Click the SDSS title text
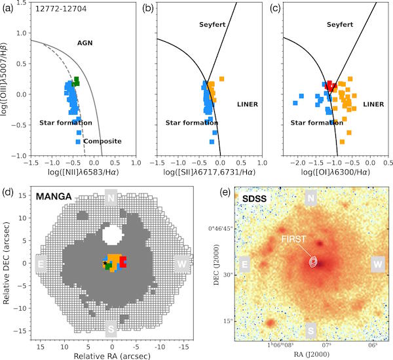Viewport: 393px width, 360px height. pyautogui.click(x=256, y=197)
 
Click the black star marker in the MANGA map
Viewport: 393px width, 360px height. pyautogui.click(x=105, y=264)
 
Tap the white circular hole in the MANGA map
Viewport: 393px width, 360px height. pyautogui.click(x=112, y=232)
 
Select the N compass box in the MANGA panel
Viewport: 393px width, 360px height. pyautogui.click(x=112, y=197)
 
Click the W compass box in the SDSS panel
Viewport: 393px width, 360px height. pyautogui.click(x=378, y=264)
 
